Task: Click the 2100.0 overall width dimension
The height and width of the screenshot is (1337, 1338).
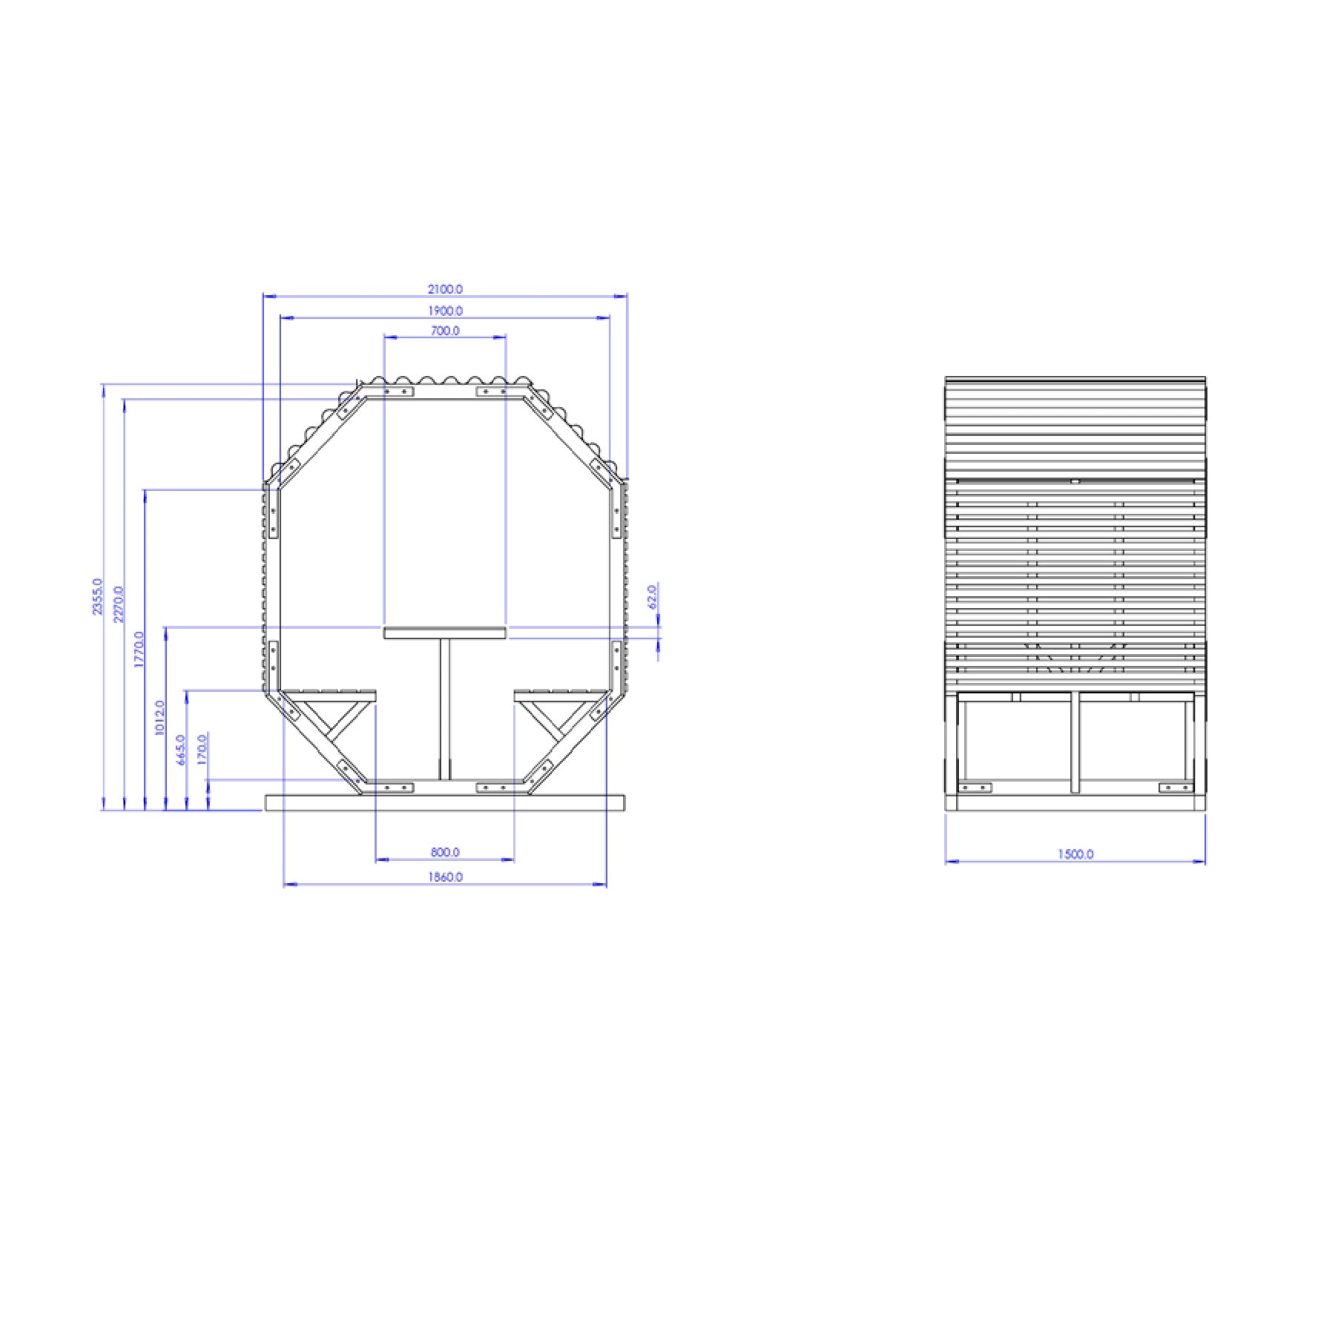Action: click(x=445, y=289)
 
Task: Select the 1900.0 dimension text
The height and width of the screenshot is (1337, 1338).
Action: click(x=445, y=311)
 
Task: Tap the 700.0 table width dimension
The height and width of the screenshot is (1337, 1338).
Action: click(x=445, y=331)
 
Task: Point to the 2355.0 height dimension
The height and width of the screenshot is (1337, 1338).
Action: click(x=97, y=596)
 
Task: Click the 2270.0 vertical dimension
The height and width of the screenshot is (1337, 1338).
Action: click(x=118, y=604)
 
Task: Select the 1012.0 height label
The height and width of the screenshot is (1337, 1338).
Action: click(x=159, y=717)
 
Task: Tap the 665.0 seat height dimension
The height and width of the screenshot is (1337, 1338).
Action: click(x=180, y=750)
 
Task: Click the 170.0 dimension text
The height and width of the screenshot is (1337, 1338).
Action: click(x=202, y=750)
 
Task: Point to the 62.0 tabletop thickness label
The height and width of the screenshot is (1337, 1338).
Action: click(x=653, y=596)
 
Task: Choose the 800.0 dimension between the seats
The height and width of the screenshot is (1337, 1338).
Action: click(x=445, y=852)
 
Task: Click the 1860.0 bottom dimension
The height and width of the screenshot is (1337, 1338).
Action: click(x=445, y=877)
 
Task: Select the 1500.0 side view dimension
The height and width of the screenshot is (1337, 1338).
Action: click(x=1075, y=854)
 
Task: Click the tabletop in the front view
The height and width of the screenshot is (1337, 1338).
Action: click(x=445, y=633)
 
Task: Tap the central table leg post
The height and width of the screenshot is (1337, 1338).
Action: click(x=445, y=708)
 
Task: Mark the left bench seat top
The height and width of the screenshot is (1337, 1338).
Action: click(x=330, y=695)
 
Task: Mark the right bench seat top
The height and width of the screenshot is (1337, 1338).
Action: click(x=560, y=695)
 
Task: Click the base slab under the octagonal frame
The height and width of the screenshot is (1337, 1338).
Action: click(x=445, y=802)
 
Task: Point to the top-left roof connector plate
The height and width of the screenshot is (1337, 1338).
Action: click(x=398, y=391)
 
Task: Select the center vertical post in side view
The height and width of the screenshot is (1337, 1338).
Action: click(x=1075, y=742)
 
